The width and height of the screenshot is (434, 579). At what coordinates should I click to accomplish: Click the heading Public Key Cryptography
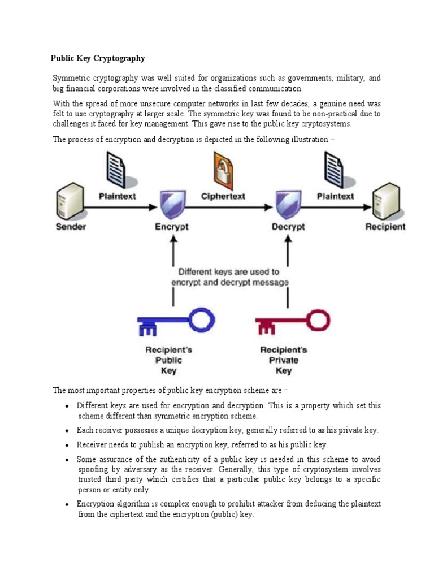click(98, 58)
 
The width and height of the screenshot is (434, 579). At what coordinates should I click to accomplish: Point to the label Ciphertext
click(223, 196)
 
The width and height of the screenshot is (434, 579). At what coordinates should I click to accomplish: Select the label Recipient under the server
click(385, 227)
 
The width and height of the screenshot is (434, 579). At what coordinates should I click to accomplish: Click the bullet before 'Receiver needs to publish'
click(67, 445)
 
